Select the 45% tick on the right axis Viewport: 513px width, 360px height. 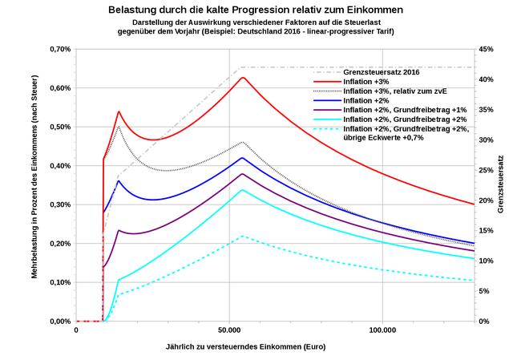click(487, 49)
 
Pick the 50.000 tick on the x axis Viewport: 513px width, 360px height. click(229, 330)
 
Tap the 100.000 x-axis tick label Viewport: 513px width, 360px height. click(382, 330)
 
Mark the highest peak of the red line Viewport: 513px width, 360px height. click(243, 78)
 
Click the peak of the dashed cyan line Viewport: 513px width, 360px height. click(242, 236)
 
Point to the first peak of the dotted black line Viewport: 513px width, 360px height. click(119, 126)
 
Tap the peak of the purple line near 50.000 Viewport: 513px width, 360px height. click(242, 173)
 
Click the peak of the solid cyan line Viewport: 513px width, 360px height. click(242, 190)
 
